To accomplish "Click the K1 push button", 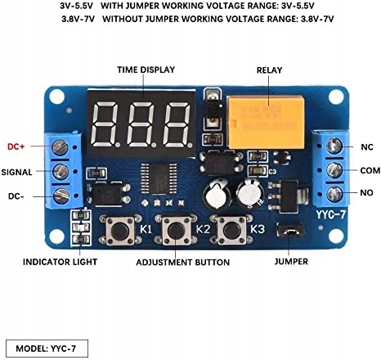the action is pyautogui.click(x=120, y=231).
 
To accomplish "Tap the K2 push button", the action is pyautogui.click(x=176, y=231).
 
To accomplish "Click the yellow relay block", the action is pyautogui.click(x=266, y=122).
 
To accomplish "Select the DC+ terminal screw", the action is pyautogui.click(x=60, y=147).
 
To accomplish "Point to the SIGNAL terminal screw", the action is pyautogui.click(x=60, y=171).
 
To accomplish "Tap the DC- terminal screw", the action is pyautogui.click(x=61, y=196).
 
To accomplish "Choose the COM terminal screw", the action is pyautogui.click(x=334, y=170).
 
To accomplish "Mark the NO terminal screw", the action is pyautogui.click(x=334, y=194).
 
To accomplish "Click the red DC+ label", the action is pyautogui.click(x=16, y=146).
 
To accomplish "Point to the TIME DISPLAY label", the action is pyautogui.click(x=146, y=70).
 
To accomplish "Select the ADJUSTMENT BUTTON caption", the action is pyautogui.click(x=183, y=263).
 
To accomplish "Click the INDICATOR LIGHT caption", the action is pyautogui.click(x=60, y=262).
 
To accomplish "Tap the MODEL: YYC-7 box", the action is pyautogui.click(x=47, y=349).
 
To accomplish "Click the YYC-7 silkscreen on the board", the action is pyautogui.click(x=331, y=215).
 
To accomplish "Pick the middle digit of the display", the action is pyautogui.click(x=141, y=124).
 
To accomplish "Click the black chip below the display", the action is pyautogui.click(x=159, y=178).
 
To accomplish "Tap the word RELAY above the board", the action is pyautogui.click(x=269, y=70).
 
